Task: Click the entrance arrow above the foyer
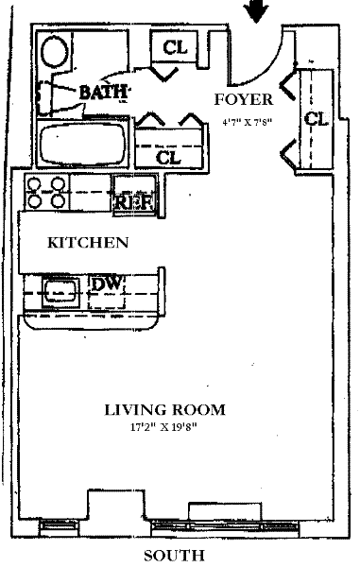coord(256,10)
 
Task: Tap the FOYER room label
coord(244,99)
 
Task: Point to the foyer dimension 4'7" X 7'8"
coord(247,122)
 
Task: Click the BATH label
coord(103,92)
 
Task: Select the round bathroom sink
coord(54,51)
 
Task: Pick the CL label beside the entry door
coord(176,47)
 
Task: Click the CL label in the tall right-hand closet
coord(317,119)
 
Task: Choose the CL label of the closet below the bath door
coord(168,157)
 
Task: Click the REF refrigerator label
coord(135,202)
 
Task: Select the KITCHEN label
coord(88,243)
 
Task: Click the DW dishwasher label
coord(106,283)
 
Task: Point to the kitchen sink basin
coord(60,292)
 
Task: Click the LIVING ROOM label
coord(164,410)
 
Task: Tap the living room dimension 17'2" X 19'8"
coord(163,427)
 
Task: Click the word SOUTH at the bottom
coord(174,556)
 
